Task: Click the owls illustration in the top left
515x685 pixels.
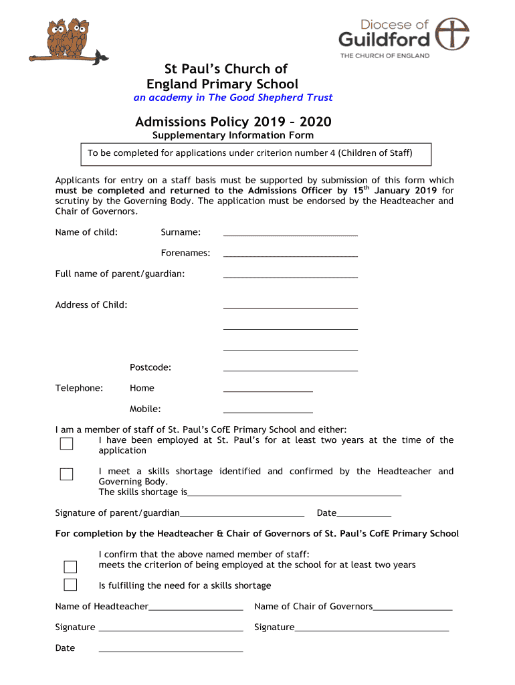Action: coord(74,41)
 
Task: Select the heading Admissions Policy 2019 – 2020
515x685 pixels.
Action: coord(233,122)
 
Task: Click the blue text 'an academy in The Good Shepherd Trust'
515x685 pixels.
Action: coord(233,98)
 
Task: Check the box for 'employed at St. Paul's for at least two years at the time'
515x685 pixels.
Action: coord(66,444)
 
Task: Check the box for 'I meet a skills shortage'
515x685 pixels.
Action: coord(66,474)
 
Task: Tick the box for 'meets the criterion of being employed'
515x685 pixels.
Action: coord(70,567)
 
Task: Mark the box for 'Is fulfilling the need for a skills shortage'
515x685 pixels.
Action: coord(70,585)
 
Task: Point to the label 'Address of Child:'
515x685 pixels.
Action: coord(91,305)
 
